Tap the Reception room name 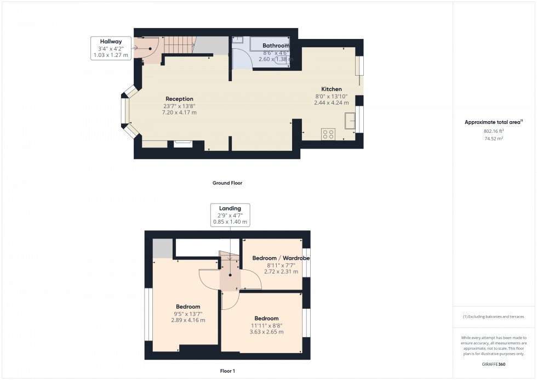[179, 99]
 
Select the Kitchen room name [331, 89]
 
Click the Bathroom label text [276, 46]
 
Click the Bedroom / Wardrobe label [281, 258]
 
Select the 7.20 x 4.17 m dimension [179, 112]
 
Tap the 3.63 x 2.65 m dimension [266, 332]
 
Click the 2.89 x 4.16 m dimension [188, 320]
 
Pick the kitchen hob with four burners [328, 133]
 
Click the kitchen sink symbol [350, 120]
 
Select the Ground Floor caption [227, 183]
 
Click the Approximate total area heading [493, 122]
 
